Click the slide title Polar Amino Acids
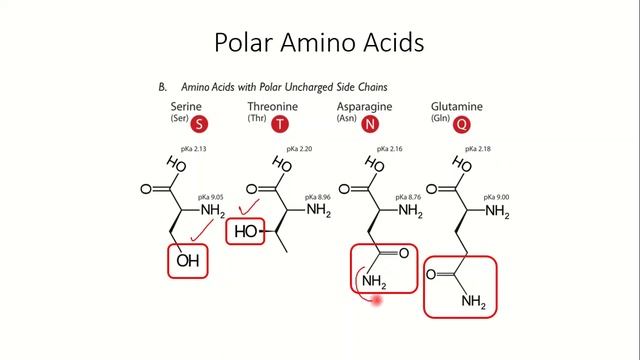coord(320,43)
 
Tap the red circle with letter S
coord(200,125)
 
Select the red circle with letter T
coord(278,125)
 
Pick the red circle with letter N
coord(370,125)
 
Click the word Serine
coord(186,106)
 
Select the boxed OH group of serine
coord(188,262)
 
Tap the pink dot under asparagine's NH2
coord(377,298)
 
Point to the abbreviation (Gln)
coord(440,119)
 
